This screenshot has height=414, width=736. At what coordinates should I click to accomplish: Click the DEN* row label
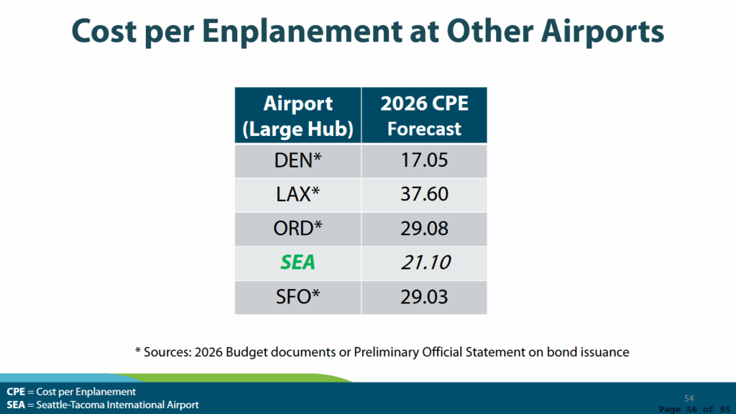pyautogui.click(x=298, y=160)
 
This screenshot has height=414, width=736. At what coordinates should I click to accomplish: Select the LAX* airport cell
pyautogui.click(x=298, y=195)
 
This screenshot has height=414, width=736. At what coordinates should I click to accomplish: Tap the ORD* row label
pyautogui.click(x=298, y=229)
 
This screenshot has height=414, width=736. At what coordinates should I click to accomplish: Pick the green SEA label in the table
pyautogui.click(x=298, y=262)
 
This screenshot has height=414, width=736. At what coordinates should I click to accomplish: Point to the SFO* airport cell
pyautogui.click(x=298, y=296)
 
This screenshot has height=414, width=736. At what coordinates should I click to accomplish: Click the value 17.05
pyautogui.click(x=424, y=160)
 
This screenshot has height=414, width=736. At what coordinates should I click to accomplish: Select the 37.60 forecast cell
pyautogui.click(x=424, y=195)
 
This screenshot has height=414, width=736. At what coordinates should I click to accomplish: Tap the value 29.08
pyautogui.click(x=424, y=229)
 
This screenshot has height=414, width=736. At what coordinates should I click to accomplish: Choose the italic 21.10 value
pyautogui.click(x=424, y=262)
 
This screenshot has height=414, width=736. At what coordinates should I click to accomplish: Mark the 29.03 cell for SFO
pyautogui.click(x=424, y=296)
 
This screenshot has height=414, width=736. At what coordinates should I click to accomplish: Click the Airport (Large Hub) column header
pyautogui.click(x=298, y=116)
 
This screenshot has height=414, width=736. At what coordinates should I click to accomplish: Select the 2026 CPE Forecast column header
pyautogui.click(x=424, y=116)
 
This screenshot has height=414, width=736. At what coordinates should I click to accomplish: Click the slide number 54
pyautogui.click(x=689, y=398)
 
